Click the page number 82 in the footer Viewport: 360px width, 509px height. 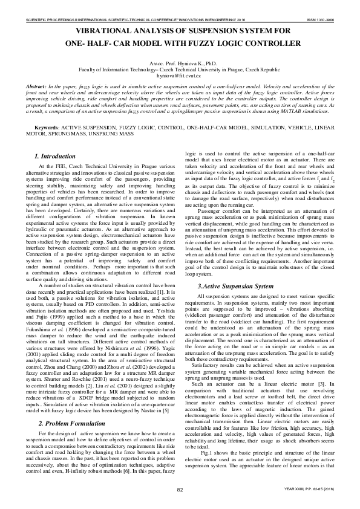pos(180,490)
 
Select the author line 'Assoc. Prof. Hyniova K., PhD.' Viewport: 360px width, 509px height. pos(180,63)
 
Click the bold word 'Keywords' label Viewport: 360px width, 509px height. pos(45,129)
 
